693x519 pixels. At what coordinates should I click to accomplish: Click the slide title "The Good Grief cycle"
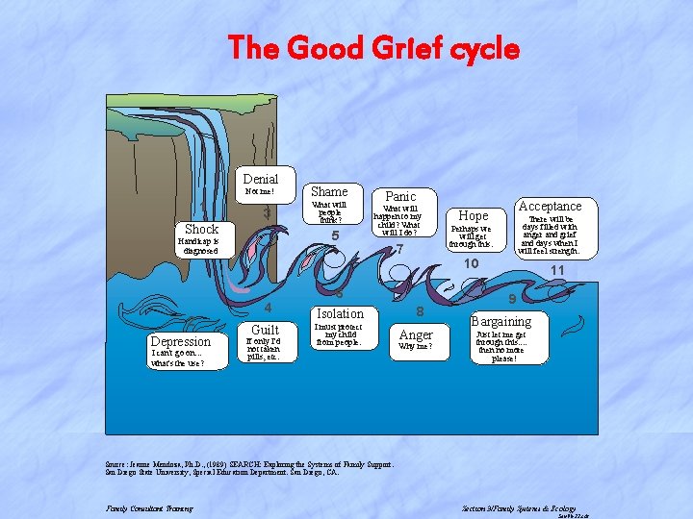click(x=372, y=47)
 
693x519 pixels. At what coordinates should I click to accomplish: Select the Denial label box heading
click(x=261, y=180)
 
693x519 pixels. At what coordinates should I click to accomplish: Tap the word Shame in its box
click(x=329, y=191)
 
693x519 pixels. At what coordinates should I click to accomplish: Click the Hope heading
click(x=473, y=216)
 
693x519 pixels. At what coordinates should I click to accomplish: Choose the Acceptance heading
click(x=550, y=207)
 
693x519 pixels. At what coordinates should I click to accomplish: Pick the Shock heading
click(x=201, y=229)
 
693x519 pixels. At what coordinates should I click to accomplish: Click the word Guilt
click(x=265, y=330)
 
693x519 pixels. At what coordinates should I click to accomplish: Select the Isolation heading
click(x=341, y=313)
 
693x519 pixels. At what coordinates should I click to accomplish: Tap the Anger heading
click(x=416, y=334)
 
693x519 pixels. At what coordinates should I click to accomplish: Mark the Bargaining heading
click(x=500, y=321)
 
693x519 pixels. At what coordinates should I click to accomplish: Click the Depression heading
click(x=180, y=342)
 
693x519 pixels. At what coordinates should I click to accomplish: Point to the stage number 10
click(x=472, y=264)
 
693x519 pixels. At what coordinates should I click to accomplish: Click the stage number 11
click(x=557, y=271)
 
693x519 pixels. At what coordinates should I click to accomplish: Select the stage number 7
click(x=399, y=250)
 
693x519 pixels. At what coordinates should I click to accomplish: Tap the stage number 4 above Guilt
click(x=269, y=309)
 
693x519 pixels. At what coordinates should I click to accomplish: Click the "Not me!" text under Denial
click(x=260, y=192)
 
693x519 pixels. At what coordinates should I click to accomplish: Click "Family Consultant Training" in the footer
click(x=149, y=508)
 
